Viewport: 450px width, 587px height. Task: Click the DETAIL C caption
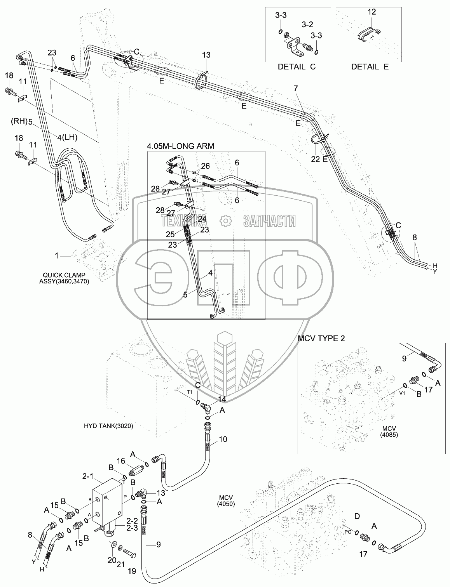tap(297, 67)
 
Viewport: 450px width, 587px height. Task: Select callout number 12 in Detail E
tap(372, 12)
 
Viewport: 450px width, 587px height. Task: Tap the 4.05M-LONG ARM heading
tap(181, 146)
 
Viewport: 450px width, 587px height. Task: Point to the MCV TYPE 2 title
tap(321, 338)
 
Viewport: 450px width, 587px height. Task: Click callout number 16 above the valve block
tap(121, 461)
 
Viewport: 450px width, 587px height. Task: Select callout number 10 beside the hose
tap(223, 439)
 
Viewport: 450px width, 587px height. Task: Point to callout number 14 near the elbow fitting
tap(222, 399)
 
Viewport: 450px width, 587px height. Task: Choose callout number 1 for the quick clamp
tap(57, 255)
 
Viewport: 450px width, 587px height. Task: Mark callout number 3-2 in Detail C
tap(307, 24)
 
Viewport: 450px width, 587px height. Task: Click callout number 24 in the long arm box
tap(202, 219)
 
